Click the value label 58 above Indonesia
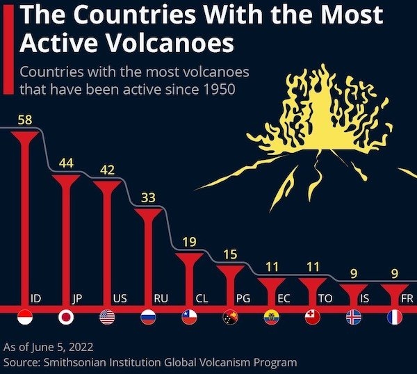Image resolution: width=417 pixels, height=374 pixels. [x=25, y=120]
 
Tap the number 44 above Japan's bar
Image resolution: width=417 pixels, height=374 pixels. [x=66, y=163]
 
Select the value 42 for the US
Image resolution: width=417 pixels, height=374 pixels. [x=107, y=170]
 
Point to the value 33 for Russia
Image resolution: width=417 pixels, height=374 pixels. [x=148, y=197]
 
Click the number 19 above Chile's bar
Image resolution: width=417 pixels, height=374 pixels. [x=189, y=242]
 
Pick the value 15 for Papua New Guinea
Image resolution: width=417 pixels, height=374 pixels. [x=230, y=254]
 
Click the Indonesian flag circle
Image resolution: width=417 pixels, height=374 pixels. [x=25, y=318]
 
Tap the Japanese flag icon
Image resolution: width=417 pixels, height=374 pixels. [x=66, y=318]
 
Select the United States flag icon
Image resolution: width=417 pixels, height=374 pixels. [x=107, y=318]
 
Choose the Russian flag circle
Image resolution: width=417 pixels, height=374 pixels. [x=148, y=318]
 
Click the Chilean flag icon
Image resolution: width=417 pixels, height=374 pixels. [x=189, y=318]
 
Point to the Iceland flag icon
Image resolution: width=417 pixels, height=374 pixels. [x=353, y=318]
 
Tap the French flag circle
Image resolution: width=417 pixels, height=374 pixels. [x=394, y=318]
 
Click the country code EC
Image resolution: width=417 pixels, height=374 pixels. [x=284, y=298]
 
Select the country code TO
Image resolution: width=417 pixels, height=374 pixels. [x=325, y=298]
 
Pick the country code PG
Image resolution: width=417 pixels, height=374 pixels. [x=243, y=298]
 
